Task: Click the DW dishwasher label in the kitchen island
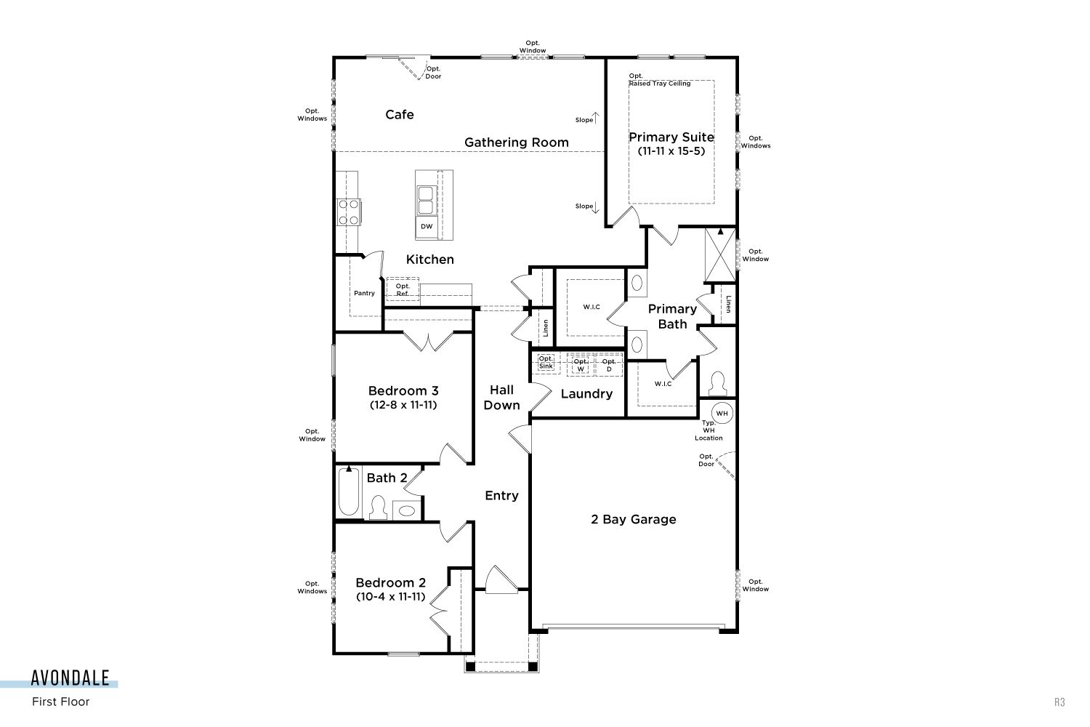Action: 427,226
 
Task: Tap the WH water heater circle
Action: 722,414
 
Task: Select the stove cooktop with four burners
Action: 348,212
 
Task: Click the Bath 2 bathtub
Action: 348,491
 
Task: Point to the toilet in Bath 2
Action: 378,507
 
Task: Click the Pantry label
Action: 364,293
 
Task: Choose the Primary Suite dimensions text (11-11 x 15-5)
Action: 671,151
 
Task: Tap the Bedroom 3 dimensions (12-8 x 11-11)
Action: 403,405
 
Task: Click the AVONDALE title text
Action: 70,678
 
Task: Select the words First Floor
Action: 61,702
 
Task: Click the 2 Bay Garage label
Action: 634,520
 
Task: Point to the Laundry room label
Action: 586,394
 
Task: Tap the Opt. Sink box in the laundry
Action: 546,363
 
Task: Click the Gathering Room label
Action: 516,142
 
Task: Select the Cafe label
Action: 400,114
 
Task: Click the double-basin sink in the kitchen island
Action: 425,200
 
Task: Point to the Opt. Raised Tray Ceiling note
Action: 659,80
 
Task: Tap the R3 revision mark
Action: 1059,702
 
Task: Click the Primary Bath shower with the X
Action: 720,254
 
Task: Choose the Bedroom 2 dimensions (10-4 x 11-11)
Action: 391,596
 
